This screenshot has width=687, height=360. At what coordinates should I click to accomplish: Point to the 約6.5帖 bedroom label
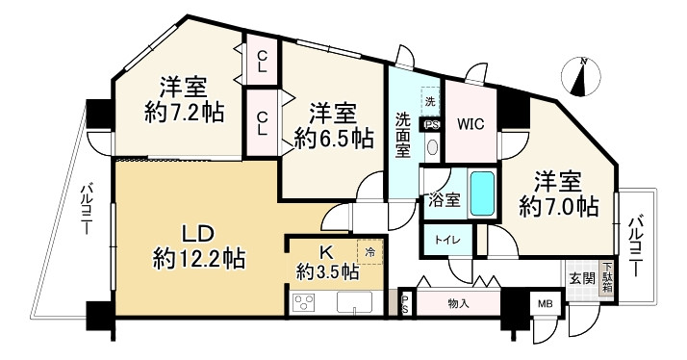333,124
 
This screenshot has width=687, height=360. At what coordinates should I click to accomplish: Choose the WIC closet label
471,124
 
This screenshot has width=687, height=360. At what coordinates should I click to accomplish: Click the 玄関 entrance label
581,278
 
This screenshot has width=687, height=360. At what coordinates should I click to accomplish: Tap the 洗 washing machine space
430,100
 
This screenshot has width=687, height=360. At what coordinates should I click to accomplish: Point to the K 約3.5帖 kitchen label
327,263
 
